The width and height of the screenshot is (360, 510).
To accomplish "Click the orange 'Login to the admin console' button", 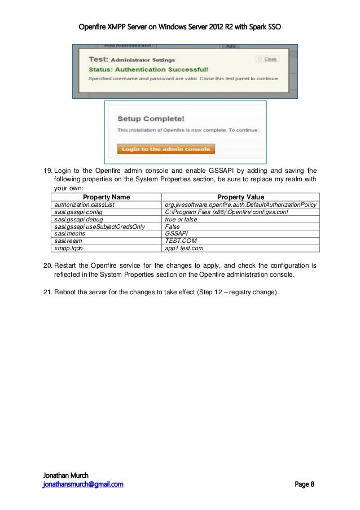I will click(x=166, y=149).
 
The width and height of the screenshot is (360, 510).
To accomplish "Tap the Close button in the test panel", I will click(x=267, y=58).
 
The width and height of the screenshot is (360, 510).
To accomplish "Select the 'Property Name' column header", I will click(x=107, y=197).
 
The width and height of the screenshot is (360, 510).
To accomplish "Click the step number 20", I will click(x=48, y=265).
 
